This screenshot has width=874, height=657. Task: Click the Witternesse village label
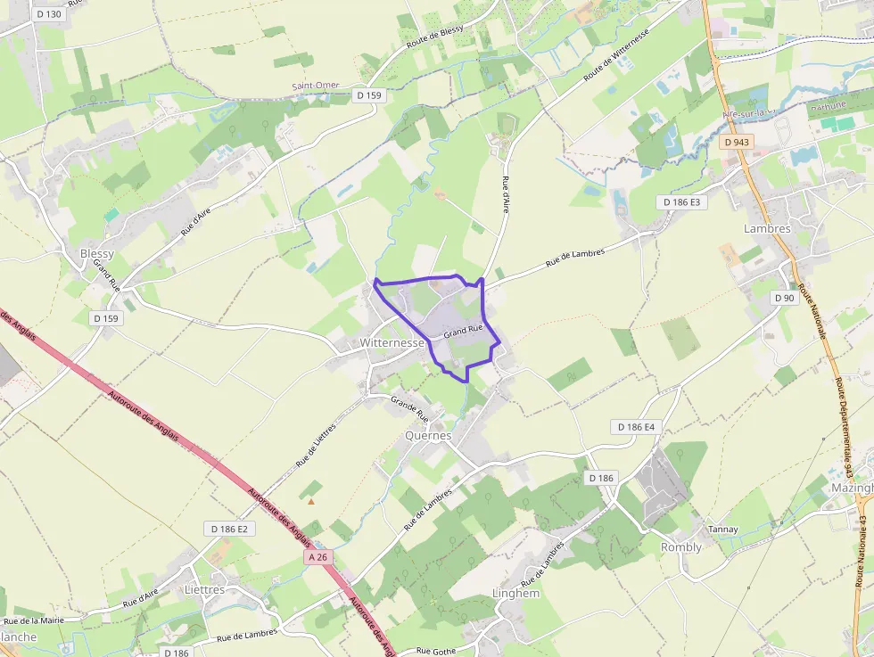(x=392, y=342)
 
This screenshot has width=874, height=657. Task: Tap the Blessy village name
(x=97, y=254)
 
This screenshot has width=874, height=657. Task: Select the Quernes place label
(x=429, y=436)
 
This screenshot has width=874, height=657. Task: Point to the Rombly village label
(x=680, y=547)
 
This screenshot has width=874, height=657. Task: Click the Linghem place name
(x=516, y=593)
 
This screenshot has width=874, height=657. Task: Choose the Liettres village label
(x=204, y=589)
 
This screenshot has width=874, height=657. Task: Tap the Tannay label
(x=722, y=530)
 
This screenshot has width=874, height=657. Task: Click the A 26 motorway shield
(x=317, y=557)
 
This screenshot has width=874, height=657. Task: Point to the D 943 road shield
(x=738, y=142)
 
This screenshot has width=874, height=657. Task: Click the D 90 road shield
(x=785, y=298)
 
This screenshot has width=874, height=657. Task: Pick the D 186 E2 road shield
(x=229, y=529)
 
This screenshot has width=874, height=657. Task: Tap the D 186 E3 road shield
(x=683, y=202)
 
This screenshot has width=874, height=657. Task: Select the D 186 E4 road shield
(x=637, y=427)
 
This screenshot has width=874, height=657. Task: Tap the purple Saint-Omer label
(x=316, y=86)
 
